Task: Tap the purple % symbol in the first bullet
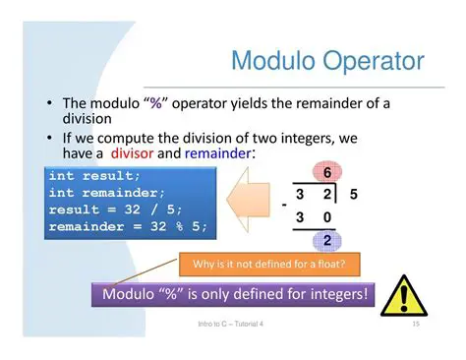tap(155, 102)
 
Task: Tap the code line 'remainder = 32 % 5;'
tap(128, 226)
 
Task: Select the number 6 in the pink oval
tap(326, 173)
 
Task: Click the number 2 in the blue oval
tap(326, 240)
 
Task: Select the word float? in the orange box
tap(332, 264)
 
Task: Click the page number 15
tap(416, 324)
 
